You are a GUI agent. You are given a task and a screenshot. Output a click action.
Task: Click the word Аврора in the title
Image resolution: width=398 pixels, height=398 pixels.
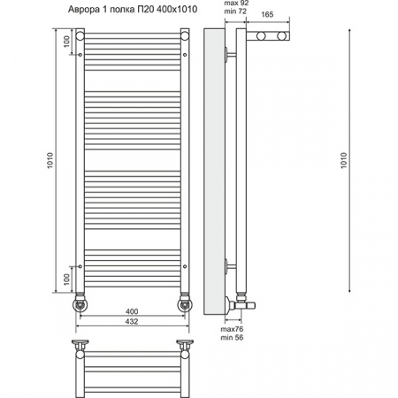[x=84, y=10]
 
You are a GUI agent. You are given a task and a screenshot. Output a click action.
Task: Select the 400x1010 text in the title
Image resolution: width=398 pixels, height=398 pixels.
[x=177, y=10]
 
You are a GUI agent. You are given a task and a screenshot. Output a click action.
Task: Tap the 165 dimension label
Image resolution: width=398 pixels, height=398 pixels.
[x=267, y=14]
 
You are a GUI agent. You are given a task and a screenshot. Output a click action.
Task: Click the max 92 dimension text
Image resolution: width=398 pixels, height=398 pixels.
[x=236, y=4]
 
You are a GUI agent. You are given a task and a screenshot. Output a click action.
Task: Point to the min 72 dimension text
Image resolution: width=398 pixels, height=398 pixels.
[x=235, y=11]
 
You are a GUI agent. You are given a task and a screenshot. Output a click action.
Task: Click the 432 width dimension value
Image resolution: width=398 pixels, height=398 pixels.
[x=132, y=321]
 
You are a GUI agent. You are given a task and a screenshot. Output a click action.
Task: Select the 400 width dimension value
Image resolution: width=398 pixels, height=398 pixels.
[x=132, y=311]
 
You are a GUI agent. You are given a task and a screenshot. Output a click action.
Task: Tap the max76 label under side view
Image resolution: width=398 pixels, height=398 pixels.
[x=232, y=329]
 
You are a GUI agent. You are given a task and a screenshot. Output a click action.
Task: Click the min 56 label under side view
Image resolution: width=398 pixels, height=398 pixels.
[x=232, y=338]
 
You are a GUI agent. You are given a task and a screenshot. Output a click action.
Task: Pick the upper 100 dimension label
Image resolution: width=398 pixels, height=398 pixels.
[x=67, y=42]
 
